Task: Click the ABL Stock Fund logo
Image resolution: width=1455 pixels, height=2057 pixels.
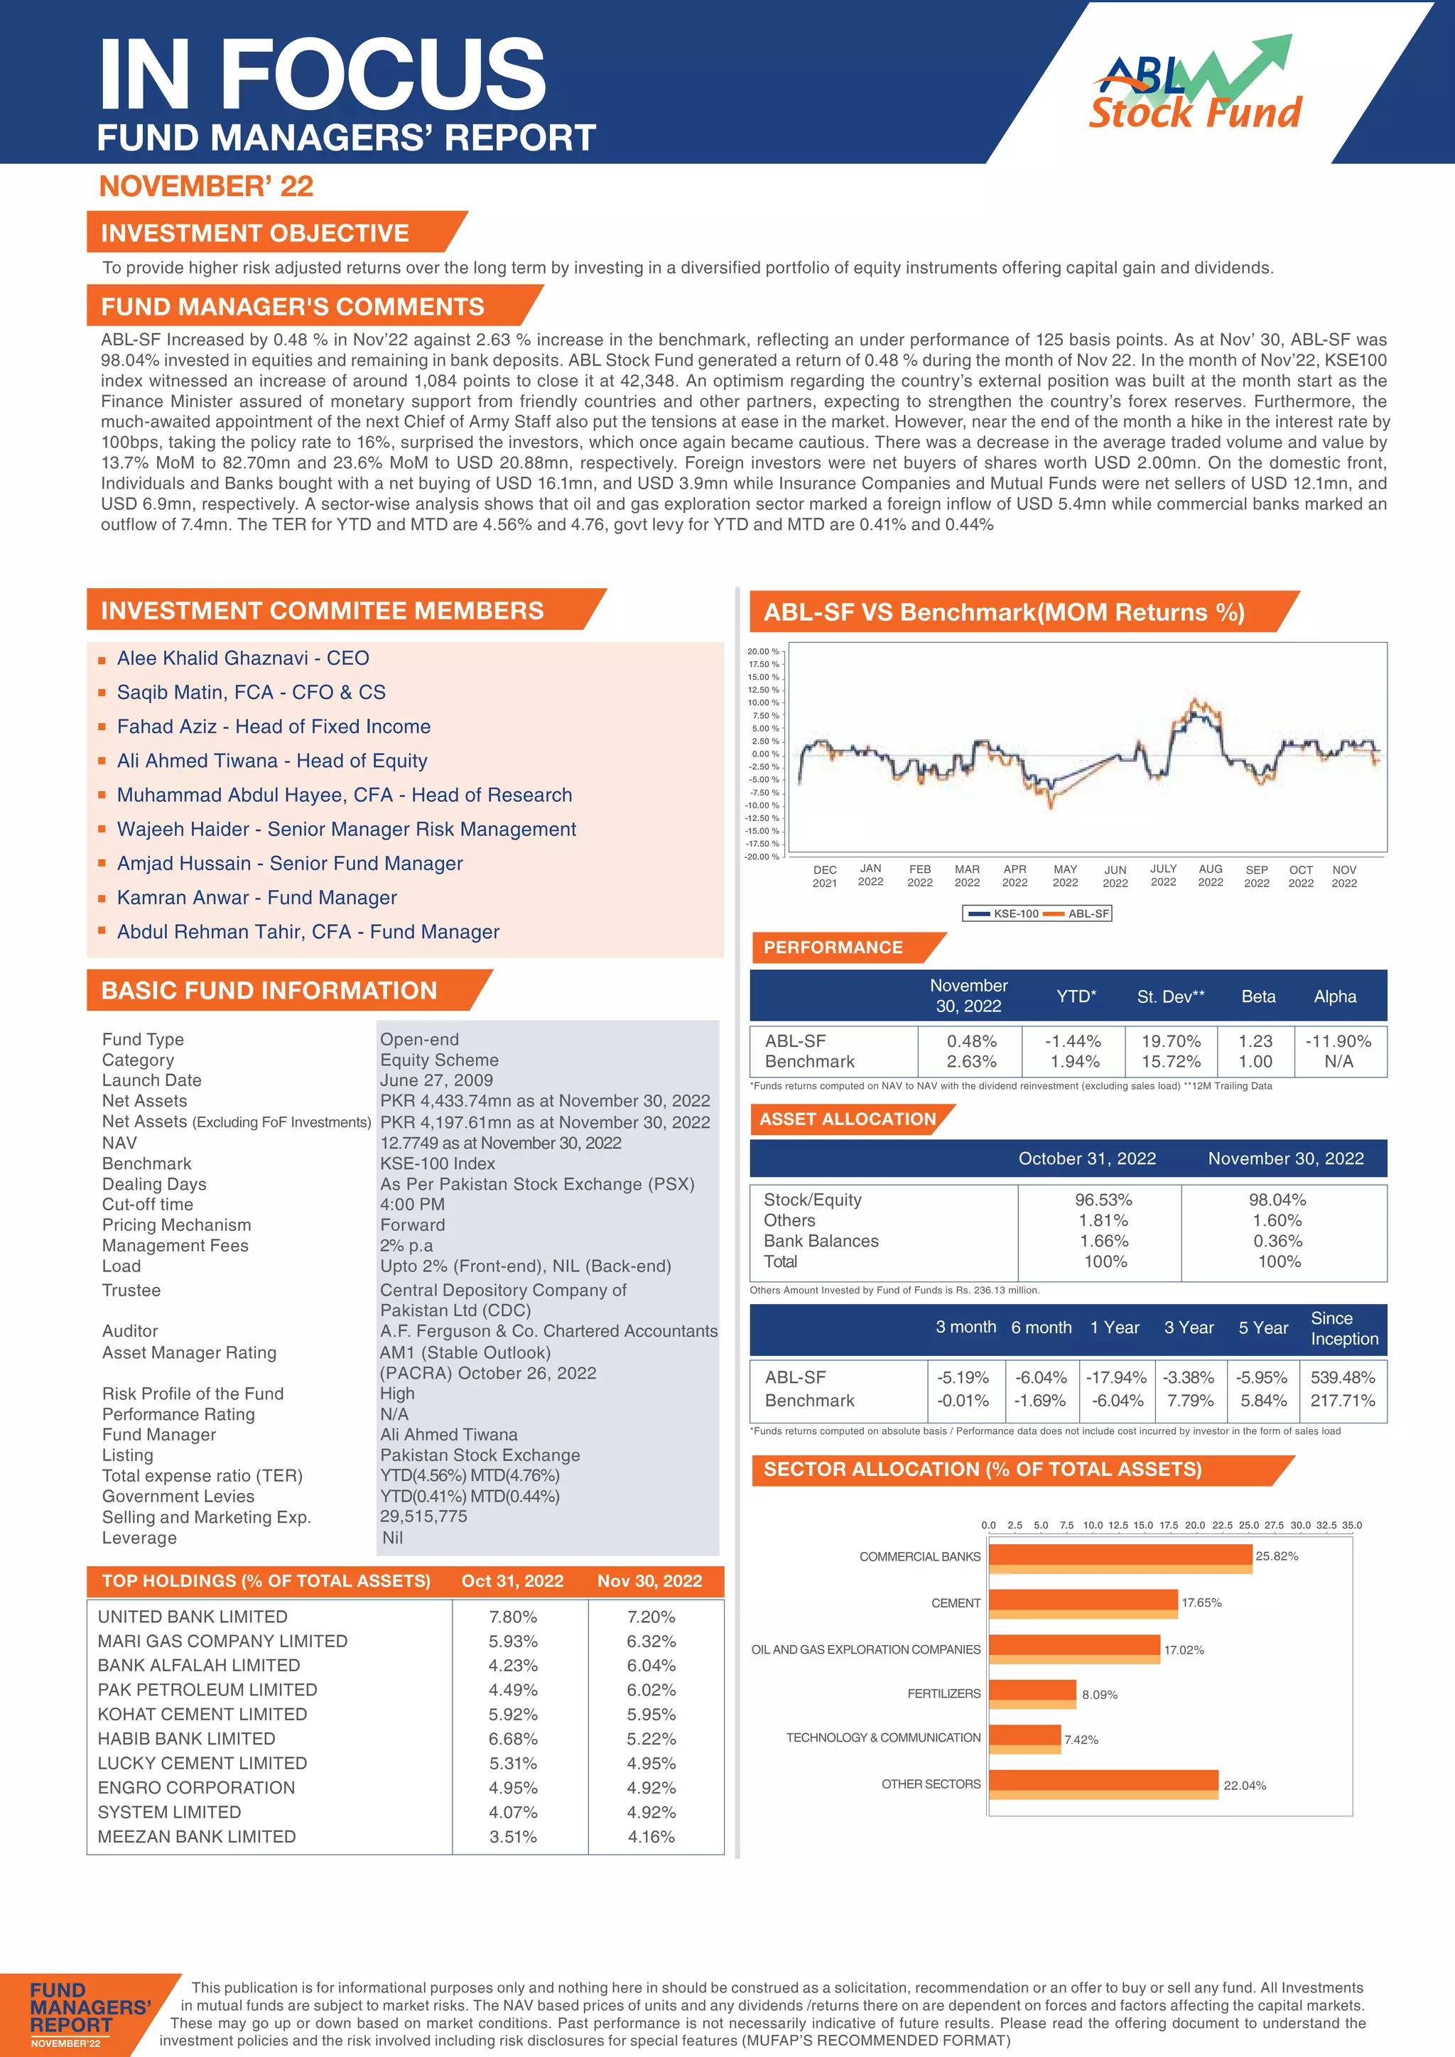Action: click(x=1196, y=85)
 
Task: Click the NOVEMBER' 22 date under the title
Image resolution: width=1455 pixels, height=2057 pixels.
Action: click(x=206, y=186)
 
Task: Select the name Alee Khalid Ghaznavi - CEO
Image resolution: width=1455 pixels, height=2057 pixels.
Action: click(x=243, y=658)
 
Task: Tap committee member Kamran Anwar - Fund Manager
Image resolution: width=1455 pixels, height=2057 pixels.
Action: click(x=256, y=898)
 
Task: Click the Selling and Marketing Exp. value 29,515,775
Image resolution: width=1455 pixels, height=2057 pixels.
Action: click(x=423, y=1516)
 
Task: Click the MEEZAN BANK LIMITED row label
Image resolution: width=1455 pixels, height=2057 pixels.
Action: click(x=196, y=1837)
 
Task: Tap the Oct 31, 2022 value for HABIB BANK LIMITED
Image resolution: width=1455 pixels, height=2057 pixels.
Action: click(x=514, y=1739)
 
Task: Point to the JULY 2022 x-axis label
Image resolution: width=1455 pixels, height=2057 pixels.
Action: click(x=1163, y=875)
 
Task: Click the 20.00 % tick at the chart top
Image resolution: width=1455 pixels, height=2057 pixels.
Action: click(x=762, y=651)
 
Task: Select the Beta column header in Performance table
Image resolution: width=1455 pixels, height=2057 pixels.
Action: click(x=1258, y=997)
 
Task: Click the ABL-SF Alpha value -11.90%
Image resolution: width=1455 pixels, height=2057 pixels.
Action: click(x=1338, y=1041)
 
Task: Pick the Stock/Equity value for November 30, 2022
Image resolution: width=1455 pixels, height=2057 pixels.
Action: click(x=1280, y=1200)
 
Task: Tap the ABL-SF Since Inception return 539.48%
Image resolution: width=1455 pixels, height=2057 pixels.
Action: click(x=1342, y=1377)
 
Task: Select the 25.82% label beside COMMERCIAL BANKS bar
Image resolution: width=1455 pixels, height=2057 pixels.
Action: click(x=1277, y=1556)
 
